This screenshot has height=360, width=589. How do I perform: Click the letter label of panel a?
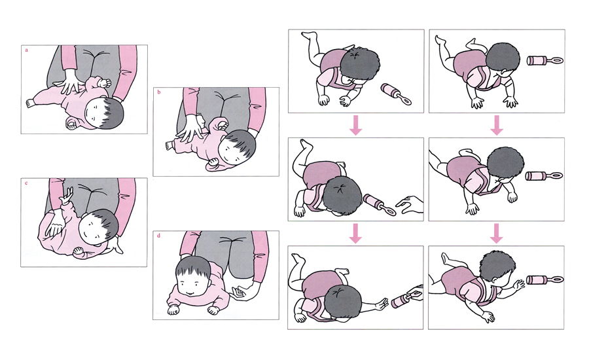pyautogui.click(x=26, y=50)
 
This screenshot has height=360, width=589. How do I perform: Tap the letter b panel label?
pyautogui.click(x=159, y=92)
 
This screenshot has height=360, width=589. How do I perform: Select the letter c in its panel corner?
pyautogui.click(x=26, y=183)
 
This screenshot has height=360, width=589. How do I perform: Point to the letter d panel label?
pyautogui.click(x=159, y=236)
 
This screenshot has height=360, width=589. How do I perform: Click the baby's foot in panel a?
pyautogui.click(x=29, y=103)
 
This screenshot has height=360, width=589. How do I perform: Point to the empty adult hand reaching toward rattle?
pyautogui.click(x=410, y=204)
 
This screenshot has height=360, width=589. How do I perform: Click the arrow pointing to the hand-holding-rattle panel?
pyautogui.click(x=355, y=234)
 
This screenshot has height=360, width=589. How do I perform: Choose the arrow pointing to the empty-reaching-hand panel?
pyautogui.click(x=355, y=125)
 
